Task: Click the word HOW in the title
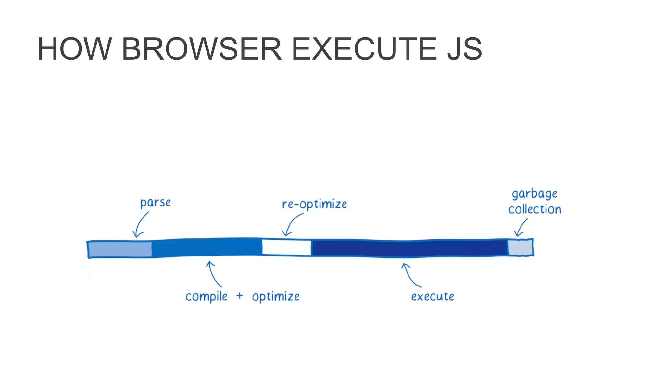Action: [x=74, y=49]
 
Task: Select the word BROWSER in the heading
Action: [x=201, y=49]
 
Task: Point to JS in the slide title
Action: [x=464, y=49]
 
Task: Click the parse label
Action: [x=155, y=203]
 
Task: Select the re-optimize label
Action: [x=314, y=204]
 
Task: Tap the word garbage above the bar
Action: [x=534, y=194]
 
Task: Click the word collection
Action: [x=535, y=209]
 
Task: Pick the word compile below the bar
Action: [x=207, y=297]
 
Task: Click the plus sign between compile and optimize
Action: [x=240, y=296]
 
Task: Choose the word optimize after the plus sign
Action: [x=276, y=297]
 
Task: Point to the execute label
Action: [x=433, y=296]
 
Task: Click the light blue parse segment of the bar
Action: [x=120, y=249]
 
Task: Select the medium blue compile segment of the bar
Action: [x=207, y=247]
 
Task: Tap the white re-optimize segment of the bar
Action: [x=286, y=247]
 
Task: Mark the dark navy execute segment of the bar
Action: [x=409, y=248]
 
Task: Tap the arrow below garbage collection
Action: [x=521, y=228]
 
